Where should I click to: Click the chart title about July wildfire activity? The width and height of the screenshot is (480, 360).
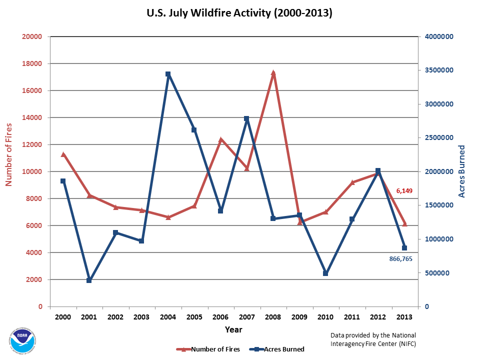click(239, 13)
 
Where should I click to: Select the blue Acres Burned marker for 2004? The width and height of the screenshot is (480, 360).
click(168, 74)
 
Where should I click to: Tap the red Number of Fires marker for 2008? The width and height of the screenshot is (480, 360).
click(273, 73)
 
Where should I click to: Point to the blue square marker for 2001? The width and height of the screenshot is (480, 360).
click(89, 280)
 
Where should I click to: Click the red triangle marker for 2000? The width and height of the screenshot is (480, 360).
click(63, 154)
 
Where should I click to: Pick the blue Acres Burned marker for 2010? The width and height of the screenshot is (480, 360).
click(325, 273)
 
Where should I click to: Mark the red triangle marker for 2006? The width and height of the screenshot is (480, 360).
click(220, 140)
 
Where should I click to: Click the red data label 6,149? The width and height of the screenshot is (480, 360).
click(404, 191)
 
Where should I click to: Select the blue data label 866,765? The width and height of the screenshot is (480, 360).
click(400, 259)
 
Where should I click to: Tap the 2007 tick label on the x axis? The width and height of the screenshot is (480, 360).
click(246, 317)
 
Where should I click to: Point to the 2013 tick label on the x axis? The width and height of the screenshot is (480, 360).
click(404, 317)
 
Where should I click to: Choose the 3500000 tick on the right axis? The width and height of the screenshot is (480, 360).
click(439, 70)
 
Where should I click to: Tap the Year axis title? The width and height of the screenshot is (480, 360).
click(233, 330)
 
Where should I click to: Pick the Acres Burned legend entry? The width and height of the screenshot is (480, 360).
click(278, 349)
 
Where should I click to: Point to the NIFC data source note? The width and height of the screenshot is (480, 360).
click(373, 339)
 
